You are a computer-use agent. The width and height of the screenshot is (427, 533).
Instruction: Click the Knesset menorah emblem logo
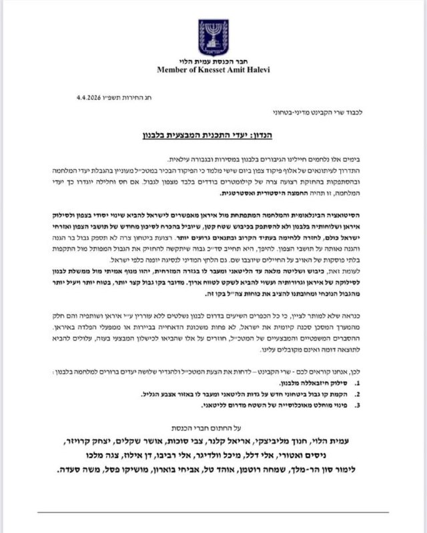[213, 37]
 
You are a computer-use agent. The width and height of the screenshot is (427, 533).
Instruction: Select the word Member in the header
[172, 69]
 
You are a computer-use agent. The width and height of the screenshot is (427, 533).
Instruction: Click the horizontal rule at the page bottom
[213, 512]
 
